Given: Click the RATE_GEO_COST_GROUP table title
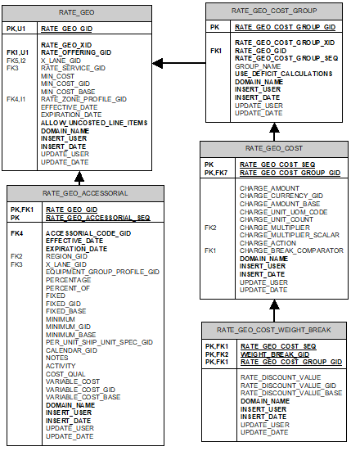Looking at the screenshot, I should (273, 10).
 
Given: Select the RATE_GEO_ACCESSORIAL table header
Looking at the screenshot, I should (85, 193).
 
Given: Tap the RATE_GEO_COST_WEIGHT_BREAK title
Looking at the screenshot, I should (273, 329).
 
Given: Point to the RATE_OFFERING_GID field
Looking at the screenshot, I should (76, 52).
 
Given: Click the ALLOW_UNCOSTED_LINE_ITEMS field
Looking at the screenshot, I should (93, 123).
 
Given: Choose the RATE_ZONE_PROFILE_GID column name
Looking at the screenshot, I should (83, 99).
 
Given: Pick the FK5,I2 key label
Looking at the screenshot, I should (16, 61).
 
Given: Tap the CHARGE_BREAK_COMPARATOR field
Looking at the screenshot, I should (290, 250).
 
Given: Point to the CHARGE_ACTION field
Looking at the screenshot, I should (268, 242).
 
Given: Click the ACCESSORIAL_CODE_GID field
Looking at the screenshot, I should (88, 232).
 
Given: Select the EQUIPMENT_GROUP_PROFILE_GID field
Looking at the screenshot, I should (102, 272).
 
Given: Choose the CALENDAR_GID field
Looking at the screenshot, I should (71, 350).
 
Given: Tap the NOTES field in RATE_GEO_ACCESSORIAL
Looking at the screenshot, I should (57, 358).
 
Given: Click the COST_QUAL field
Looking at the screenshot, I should (65, 373).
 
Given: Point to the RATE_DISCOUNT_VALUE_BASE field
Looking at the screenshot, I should (291, 393).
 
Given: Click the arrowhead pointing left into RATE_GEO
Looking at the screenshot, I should (158, 62).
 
